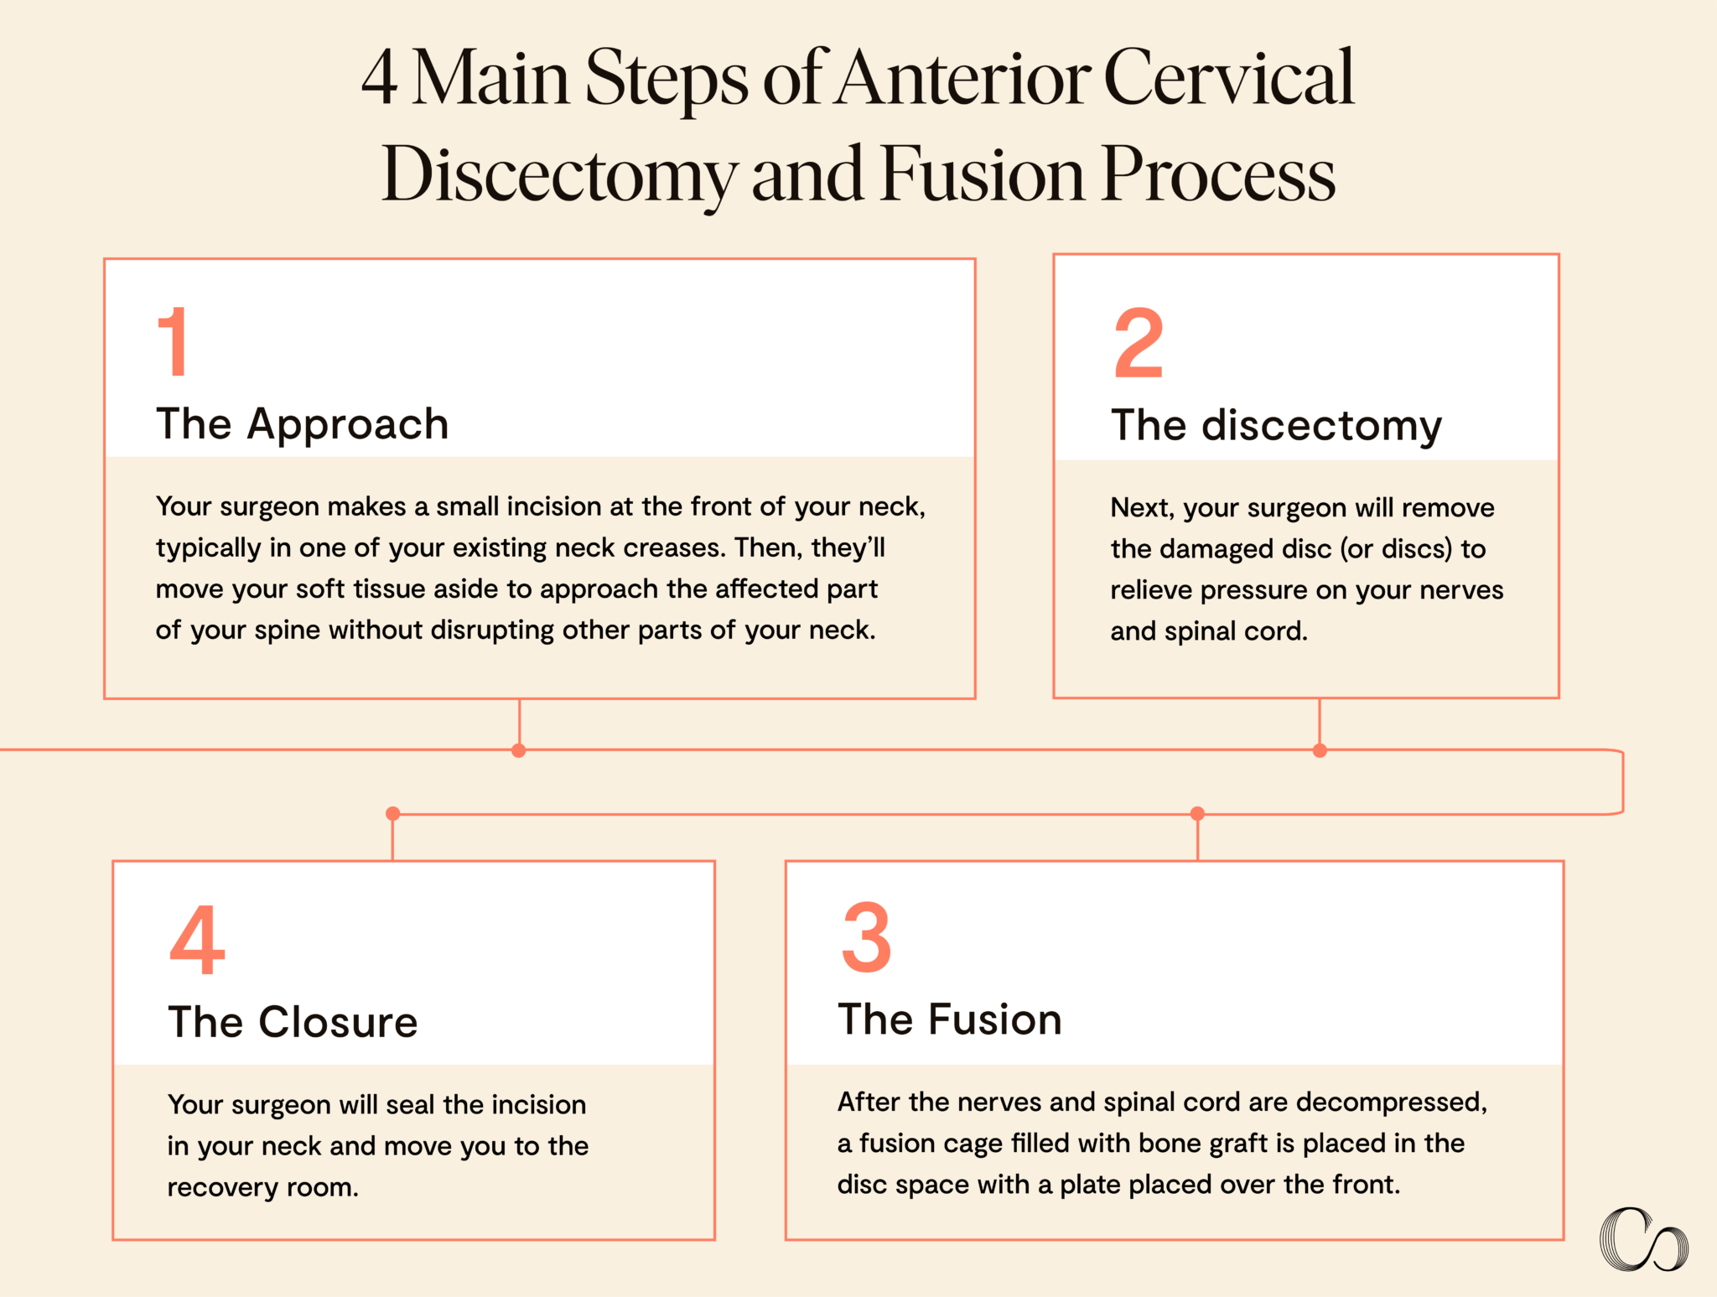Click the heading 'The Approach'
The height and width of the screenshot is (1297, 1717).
coord(303,423)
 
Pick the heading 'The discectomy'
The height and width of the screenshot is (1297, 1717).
coord(1276,426)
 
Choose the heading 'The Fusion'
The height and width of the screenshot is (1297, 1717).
coord(950,1019)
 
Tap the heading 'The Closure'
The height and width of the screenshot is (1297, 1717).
coord(293,1022)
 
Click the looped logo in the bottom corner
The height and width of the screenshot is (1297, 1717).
coord(1643,1239)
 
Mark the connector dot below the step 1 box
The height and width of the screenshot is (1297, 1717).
coord(519,750)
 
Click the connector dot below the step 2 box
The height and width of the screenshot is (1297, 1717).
coord(1320,750)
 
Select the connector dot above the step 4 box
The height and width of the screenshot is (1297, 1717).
coord(392,813)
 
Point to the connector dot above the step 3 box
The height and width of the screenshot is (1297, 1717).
coord(1197,813)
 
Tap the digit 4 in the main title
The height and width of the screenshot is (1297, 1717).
coord(379,77)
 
